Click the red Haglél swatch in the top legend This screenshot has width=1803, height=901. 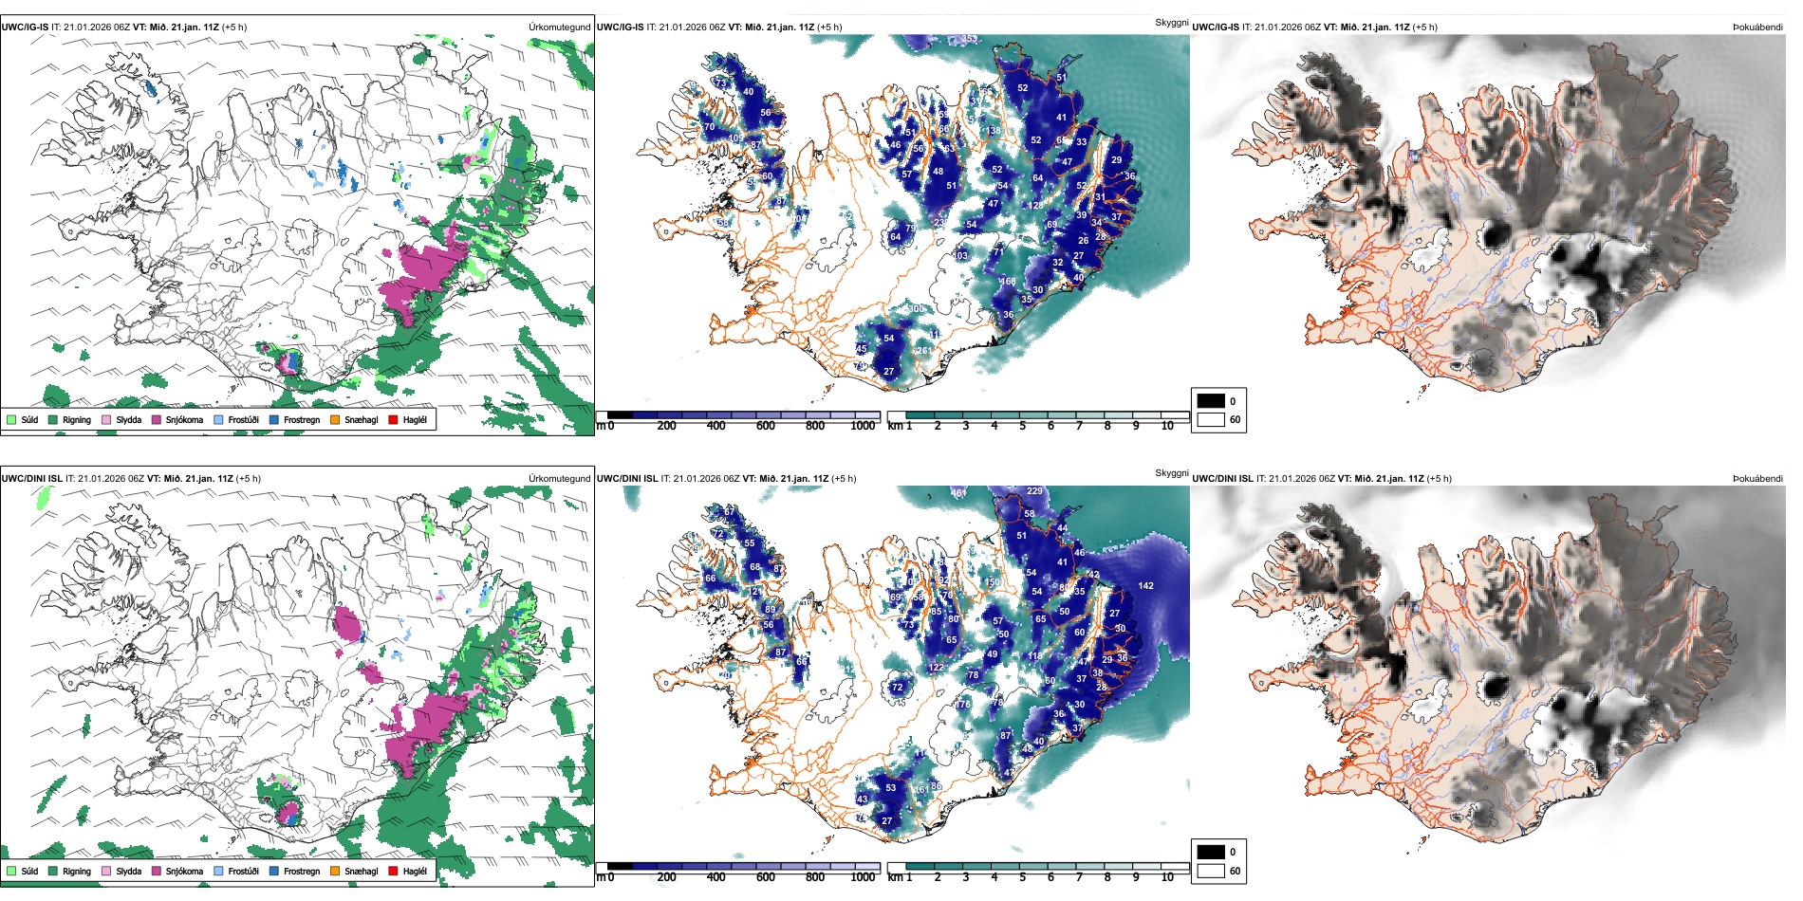[393, 419]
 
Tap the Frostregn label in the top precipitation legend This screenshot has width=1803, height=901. [302, 419]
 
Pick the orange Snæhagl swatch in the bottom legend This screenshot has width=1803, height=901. [335, 871]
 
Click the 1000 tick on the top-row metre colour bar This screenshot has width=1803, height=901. [863, 426]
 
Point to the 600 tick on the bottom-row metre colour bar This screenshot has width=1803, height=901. [766, 877]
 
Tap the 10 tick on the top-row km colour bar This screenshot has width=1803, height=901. [1167, 426]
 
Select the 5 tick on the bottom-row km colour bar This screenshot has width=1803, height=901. [1023, 877]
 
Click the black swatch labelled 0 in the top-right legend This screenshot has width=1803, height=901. [1211, 400]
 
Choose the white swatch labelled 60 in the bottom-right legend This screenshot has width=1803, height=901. [1211, 870]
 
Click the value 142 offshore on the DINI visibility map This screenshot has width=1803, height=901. [1145, 586]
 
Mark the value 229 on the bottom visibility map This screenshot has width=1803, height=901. [1034, 491]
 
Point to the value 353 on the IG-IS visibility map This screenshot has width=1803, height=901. [969, 39]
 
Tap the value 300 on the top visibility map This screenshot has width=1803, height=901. [916, 309]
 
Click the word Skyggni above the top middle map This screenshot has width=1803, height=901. [1171, 22]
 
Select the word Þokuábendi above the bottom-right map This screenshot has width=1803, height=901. [1757, 478]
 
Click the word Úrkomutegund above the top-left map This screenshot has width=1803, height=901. [559, 27]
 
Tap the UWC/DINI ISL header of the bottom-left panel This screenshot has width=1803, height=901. [32, 478]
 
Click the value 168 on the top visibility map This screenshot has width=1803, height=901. [1008, 282]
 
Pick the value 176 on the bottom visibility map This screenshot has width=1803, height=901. [963, 705]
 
